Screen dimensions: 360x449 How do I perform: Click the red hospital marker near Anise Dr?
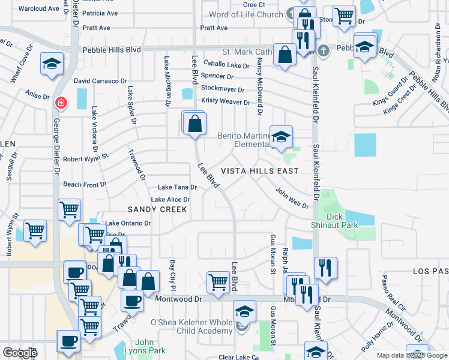click(x=60, y=103)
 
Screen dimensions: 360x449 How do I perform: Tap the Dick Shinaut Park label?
click(x=342, y=221)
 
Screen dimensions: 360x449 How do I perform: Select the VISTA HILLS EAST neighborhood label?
click(x=260, y=171)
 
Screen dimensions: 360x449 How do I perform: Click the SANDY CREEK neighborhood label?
click(x=157, y=209)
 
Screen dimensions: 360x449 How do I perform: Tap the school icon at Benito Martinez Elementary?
click(x=280, y=137)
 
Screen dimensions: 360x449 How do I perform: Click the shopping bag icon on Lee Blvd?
click(x=195, y=124)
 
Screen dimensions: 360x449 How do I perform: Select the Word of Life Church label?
click(x=245, y=14)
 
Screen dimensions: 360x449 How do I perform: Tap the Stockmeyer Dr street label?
click(x=224, y=89)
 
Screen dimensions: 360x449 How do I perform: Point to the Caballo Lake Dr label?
click(x=226, y=65)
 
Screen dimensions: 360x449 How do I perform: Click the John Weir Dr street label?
click(x=292, y=198)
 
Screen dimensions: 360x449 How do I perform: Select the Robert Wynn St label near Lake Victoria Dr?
click(x=85, y=159)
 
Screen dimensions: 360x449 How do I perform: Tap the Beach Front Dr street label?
click(x=85, y=185)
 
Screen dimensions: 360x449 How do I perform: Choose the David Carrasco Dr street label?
click(x=100, y=81)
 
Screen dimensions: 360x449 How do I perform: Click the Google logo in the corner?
click(x=20, y=352)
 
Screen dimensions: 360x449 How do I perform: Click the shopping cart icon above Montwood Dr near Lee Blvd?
click(x=218, y=281)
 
